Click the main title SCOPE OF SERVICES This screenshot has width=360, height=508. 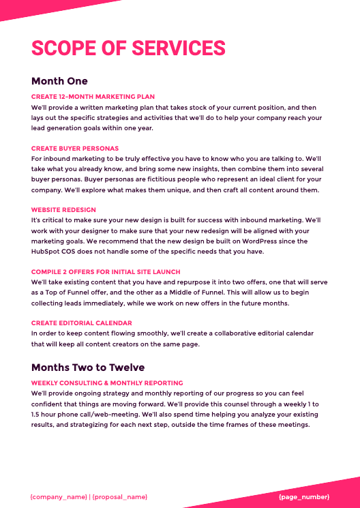pos(128,48)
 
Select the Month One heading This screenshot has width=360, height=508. pos(59,81)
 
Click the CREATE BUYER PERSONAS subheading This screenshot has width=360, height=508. pos(75,148)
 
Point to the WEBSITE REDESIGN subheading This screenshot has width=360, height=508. pos(63,209)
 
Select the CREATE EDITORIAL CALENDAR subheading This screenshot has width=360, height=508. pos(82,323)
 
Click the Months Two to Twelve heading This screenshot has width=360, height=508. pos(88,368)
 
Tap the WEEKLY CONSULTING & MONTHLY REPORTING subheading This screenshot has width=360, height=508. pos(107,383)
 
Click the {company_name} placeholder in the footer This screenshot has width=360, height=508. pos(59,496)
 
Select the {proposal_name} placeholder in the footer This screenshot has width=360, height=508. pos(120,496)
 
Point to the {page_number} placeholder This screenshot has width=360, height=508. pos(304,496)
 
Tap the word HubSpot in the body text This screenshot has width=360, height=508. pos(48,252)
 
